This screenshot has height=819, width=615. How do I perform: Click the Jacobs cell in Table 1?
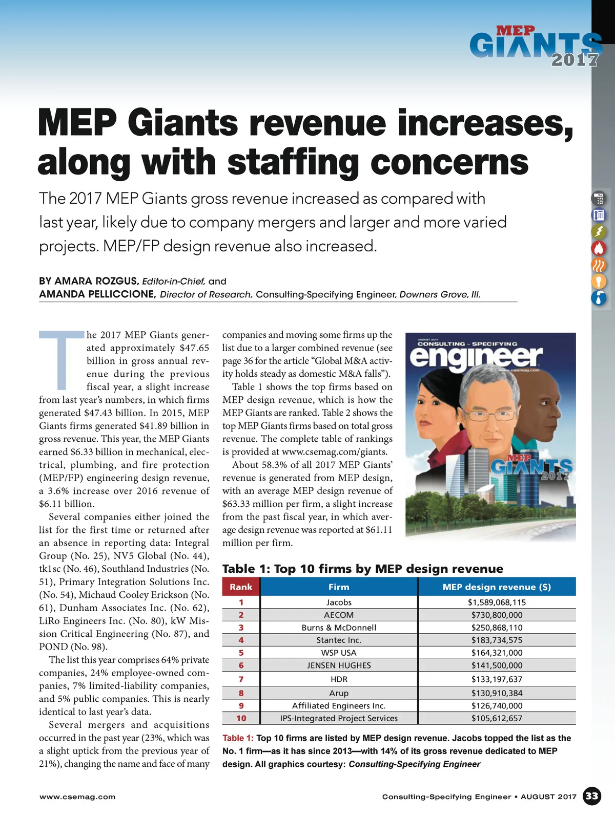point(339,602)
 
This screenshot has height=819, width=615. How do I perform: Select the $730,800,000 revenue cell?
point(497,615)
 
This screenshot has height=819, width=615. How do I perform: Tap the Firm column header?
point(339,587)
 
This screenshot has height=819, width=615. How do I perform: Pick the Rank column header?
point(241,587)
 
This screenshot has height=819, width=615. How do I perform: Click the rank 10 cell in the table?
point(241,718)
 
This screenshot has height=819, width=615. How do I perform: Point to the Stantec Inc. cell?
point(339,640)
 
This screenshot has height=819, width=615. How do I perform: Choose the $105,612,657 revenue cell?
point(497,718)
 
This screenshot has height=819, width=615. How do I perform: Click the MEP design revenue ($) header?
point(497,587)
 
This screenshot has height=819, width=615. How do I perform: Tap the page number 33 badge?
point(592,796)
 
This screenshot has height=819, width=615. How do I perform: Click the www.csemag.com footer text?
point(77,797)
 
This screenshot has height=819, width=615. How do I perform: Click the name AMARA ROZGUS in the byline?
point(89,281)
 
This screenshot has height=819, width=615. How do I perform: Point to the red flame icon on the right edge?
point(599,248)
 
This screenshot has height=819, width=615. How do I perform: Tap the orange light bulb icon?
point(599,281)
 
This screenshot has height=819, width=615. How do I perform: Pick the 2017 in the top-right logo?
point(575,60)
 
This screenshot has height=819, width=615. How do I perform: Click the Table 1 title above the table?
point(362,569)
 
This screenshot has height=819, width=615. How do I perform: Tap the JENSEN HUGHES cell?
point(339,665)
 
